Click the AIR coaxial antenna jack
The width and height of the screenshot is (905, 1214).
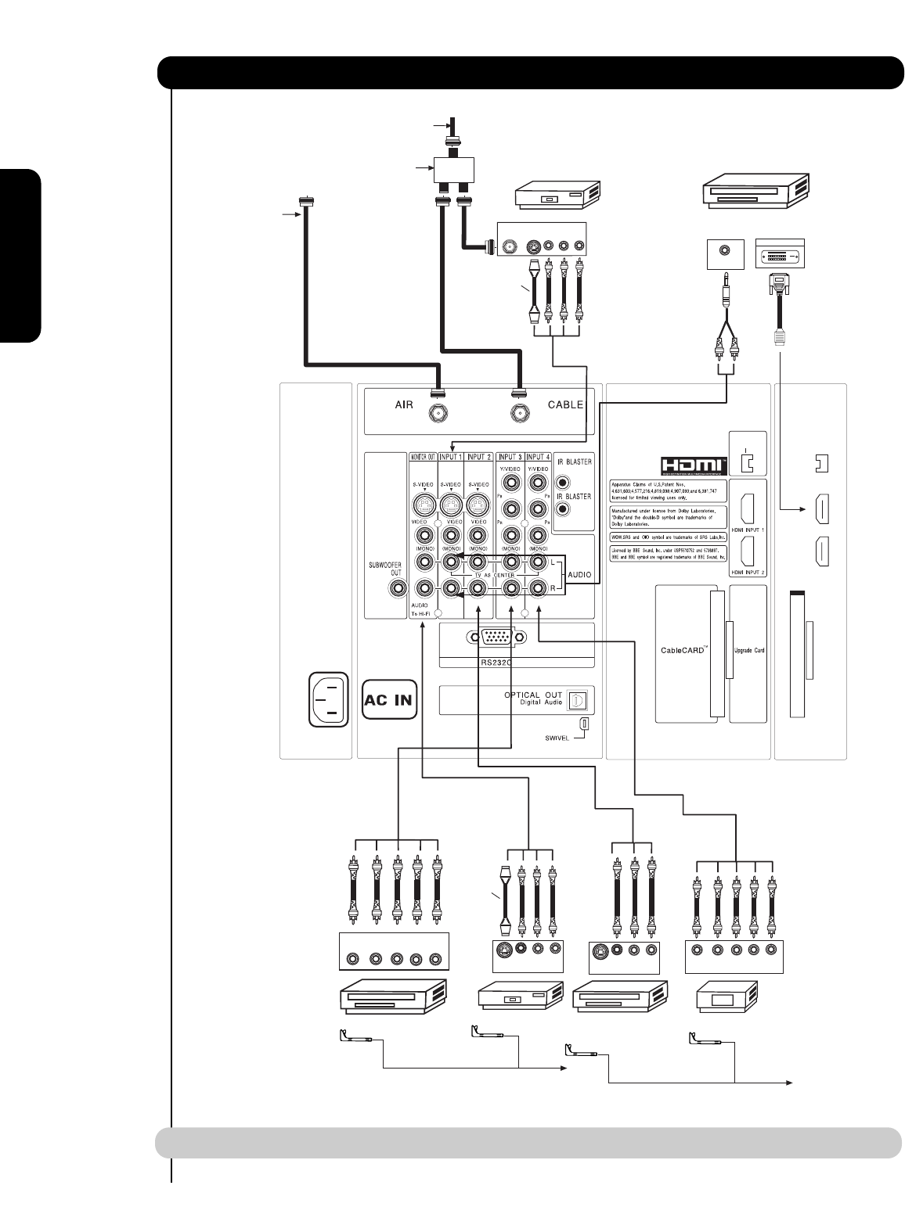tap(434, 413)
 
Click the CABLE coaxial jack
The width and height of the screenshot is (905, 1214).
tap(517, 413)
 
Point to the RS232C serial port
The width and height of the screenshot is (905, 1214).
tap(490, 638)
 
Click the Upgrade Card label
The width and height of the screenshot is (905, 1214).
tap(748, 649)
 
